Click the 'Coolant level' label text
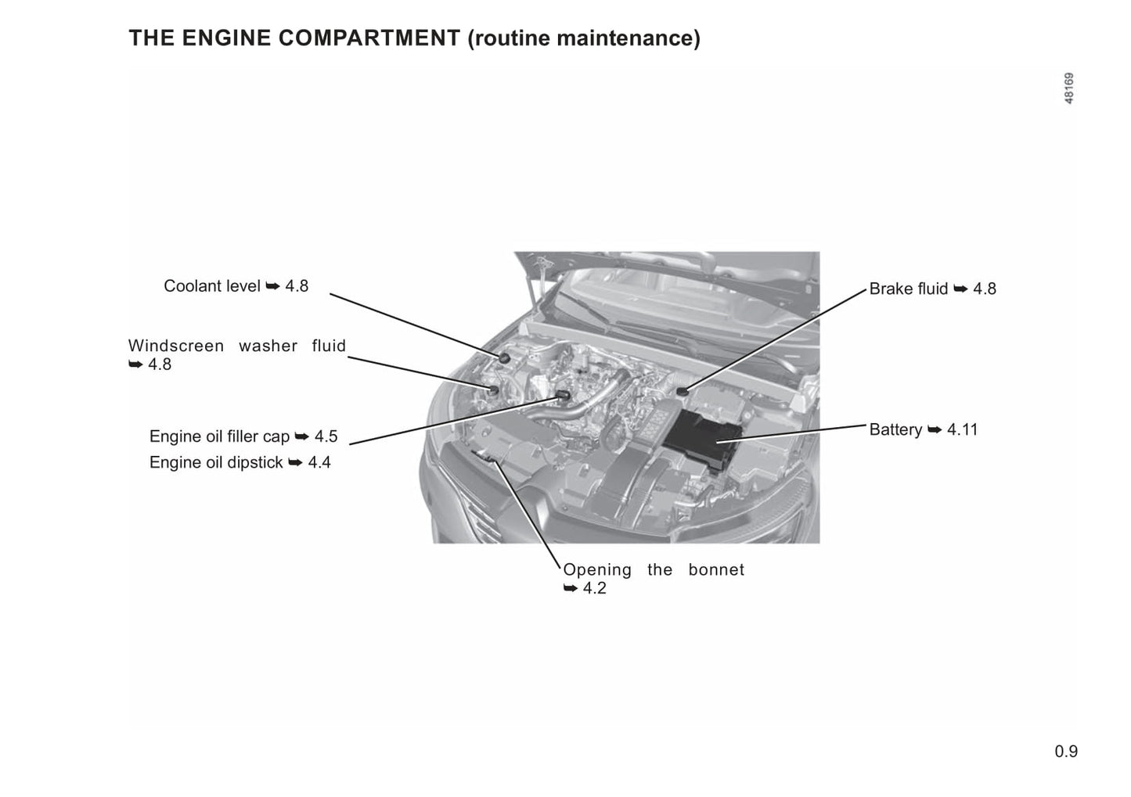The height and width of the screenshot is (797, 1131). pyautogui.click(x=211, y=286)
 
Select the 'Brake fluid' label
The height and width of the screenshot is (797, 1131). pyautogui.click(x=908, y=289)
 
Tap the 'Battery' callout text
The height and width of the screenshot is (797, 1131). pyautogui.click(x=895, y=430)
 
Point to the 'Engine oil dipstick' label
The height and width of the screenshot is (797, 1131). pyautogui.click(x=216, y=463)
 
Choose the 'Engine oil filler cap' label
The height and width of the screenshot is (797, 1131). pyautogui.click(x=219, y=436)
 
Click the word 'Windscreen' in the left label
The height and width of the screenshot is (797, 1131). pyautogui.click(x=176, y=346)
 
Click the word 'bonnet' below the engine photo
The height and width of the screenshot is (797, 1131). pyautogui.click(x=716, y=570)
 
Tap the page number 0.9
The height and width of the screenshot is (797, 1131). pyautogui.click(x=1065, y=752)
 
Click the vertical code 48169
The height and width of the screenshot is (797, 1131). pyautogui.click(x=1068, y=88)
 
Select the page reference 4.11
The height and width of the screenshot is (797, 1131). pyautogui.click(x=962, y=430)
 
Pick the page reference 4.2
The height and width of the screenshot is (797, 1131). pyautogui.click(x=595, y=589)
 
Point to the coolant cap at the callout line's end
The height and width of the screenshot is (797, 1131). pyautogui.click(x=504, y=357)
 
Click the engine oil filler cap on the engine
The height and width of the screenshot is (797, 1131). pyautogui.click(x=561, y=395)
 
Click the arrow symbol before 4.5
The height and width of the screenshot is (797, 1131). pyautogui.click(x=301, y=436)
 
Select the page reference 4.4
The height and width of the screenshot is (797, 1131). pyautogui.click(x=319, y=463)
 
